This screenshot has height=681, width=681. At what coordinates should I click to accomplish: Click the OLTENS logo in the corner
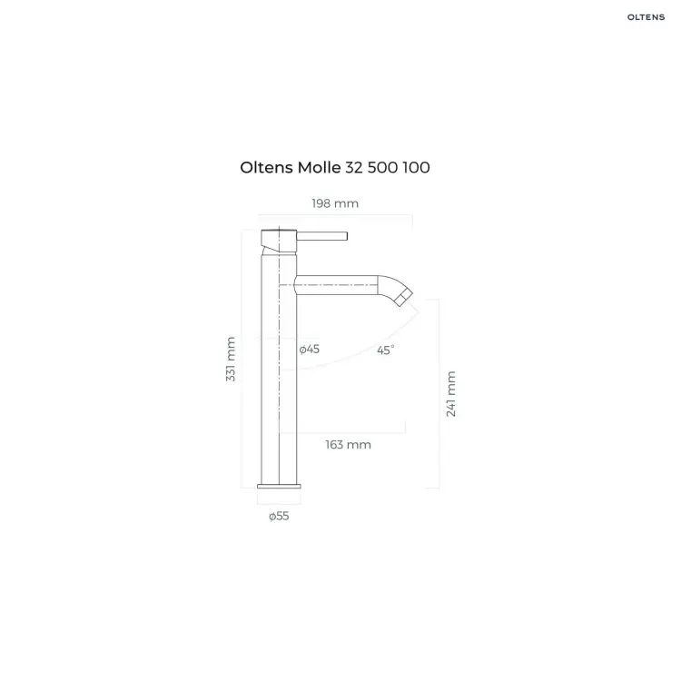click(646, 17)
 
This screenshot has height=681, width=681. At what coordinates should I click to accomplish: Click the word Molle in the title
click(319, 168)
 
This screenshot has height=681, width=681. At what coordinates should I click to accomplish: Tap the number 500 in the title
click(382, 168)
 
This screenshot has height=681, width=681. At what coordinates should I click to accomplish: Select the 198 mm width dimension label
click(335, 203)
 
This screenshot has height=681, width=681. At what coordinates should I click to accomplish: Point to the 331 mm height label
click(231, 360)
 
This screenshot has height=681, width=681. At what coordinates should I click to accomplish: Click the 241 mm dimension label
click(451, 394)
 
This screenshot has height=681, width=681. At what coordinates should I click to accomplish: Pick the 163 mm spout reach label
click(349, 445)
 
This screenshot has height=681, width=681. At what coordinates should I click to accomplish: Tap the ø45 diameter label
click(310, 350)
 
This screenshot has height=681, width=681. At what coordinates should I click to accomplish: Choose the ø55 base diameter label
click(279, 516)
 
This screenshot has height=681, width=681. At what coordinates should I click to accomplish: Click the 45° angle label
click(386, 350)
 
